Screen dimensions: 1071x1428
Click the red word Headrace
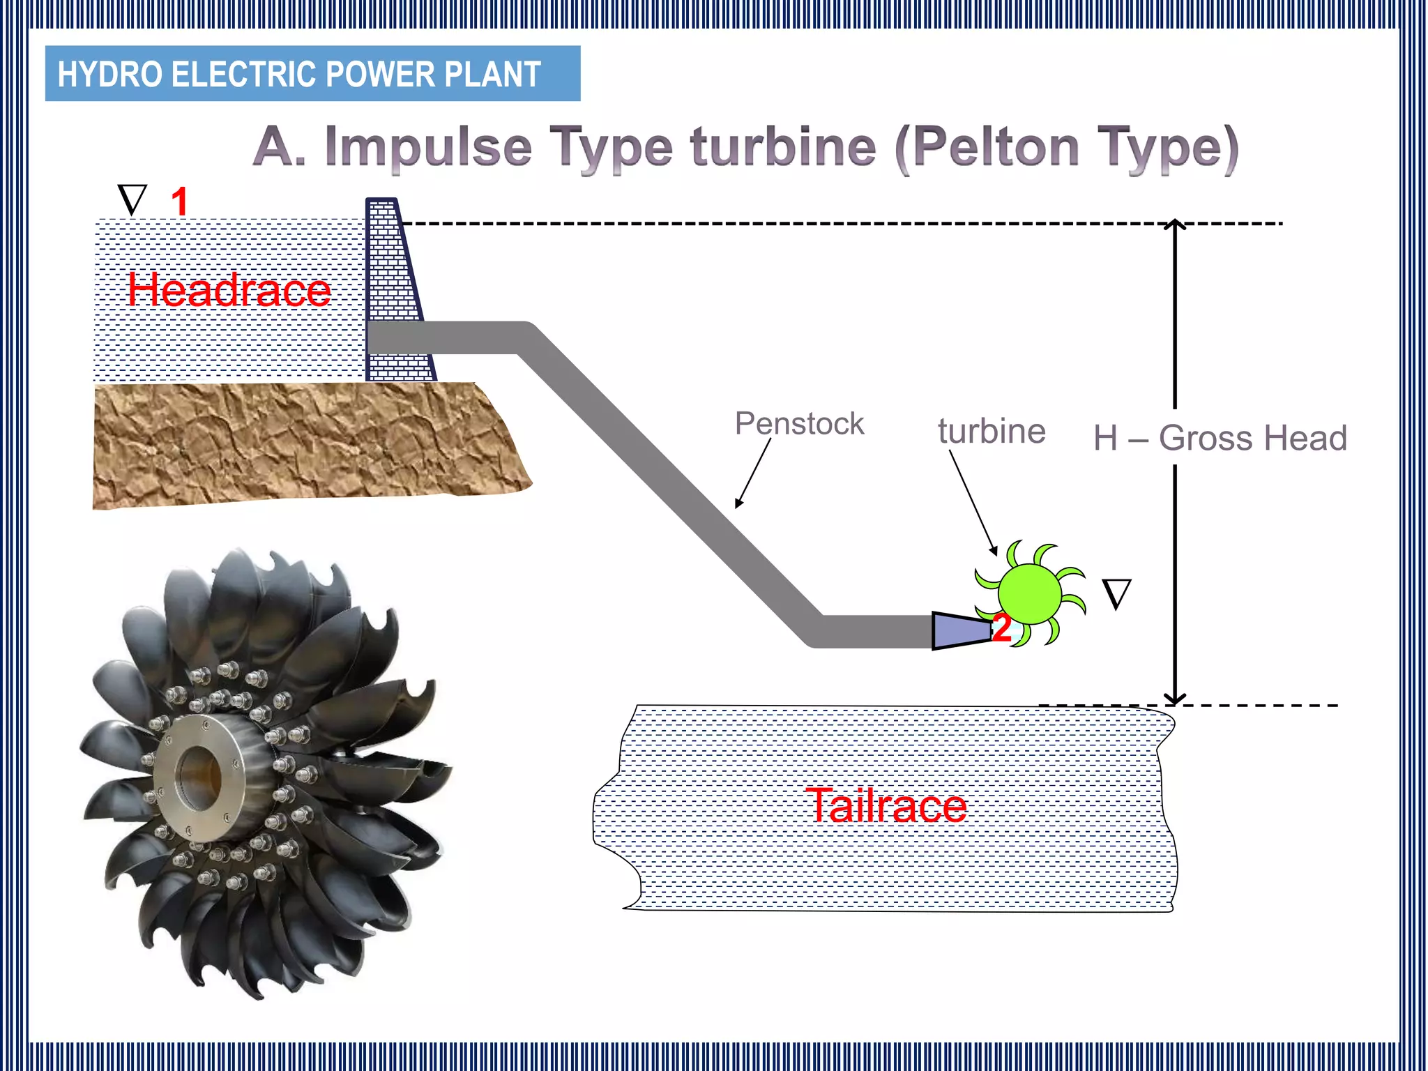click(x=229, y=290)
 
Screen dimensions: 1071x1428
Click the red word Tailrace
click(x=886, y=805)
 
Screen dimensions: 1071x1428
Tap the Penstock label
click(x=799, y=423)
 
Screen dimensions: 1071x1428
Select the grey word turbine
click(x=992, y=431)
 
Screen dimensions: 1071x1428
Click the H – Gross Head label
click(x=1220, y=438)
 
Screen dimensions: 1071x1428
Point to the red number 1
click(x=179, y=202)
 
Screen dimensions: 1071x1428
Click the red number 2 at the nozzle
click(x=1001, y=628)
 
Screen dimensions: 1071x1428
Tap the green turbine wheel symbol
click(x=1029, y=593)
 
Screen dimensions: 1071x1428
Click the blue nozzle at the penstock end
click(x=961, y=631)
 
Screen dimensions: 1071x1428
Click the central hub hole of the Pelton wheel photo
click(x=199, y=777)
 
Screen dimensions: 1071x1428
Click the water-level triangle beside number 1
click(x=132, y=199)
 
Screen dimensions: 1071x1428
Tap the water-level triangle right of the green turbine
click(x=1116, y=594)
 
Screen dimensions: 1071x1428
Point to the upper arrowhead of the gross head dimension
click(x=1175, y=225)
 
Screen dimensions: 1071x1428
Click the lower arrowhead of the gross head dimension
click(x=1175, y=699)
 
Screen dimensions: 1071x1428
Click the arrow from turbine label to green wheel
click(x=973, y=502)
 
